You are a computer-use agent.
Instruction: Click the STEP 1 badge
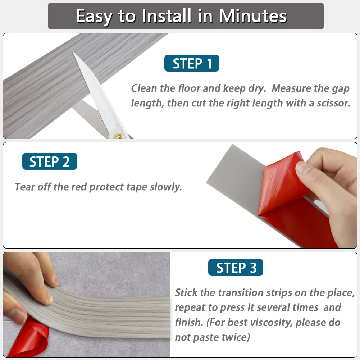pyautogui.click(x=192, y=63)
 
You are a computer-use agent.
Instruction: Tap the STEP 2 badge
pyautogui.click(x=50, y=161)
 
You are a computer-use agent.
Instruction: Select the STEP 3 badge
pyautogui.click(x=236, y=268)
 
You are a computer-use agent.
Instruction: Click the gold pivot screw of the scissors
pyautogui.click(x=117, y=136)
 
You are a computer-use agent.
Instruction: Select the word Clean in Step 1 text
pyautogui.click(x=146, y=88)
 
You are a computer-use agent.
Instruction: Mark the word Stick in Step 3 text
pyautogui.click(x=186, y=292)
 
